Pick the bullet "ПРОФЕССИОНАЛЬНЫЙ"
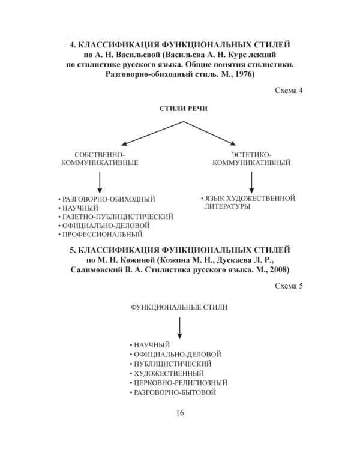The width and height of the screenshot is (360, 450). coord(103,234)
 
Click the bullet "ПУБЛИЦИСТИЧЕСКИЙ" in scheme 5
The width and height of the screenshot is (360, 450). coord(173,364)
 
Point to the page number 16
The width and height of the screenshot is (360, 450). coord(180,412)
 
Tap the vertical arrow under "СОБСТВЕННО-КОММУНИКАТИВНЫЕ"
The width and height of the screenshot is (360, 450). coord(100,181)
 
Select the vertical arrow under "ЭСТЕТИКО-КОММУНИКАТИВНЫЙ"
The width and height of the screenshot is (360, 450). coord(251,181)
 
